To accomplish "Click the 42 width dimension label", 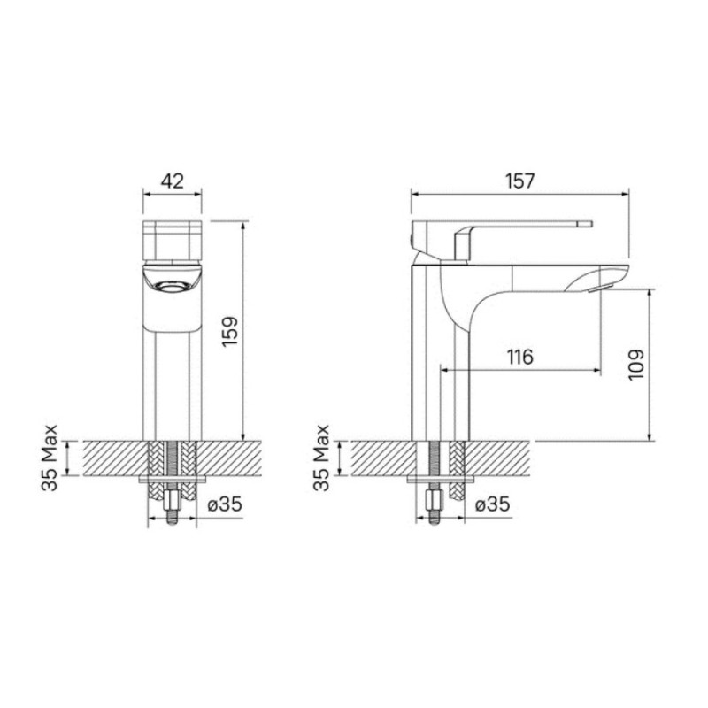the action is tap(173, 181).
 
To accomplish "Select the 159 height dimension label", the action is tap(230, 332).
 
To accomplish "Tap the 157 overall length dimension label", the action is tap(519, 181).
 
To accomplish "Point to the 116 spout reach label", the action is tap(520, 358).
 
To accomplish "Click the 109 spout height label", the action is tap(635, 365).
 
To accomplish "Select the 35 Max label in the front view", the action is tap(50, 458).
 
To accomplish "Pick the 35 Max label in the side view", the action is tap(321, 458).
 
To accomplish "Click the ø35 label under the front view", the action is tap(225, 504).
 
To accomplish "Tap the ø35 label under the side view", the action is tap(493, 504).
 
